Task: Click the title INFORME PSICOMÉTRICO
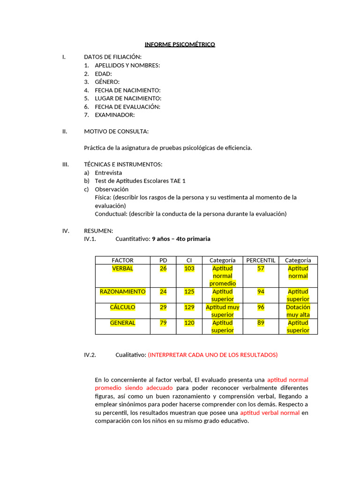(180, 45)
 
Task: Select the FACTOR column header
(122, 260)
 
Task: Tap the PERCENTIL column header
(261, 260)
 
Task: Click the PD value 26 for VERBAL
(163, 269)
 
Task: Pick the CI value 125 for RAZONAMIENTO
(189, 292)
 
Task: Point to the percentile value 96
(261, 307)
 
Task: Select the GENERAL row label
(122, 323)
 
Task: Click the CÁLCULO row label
(122, 307)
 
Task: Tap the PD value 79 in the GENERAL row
(163, 323)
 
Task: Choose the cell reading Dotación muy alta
(298, 311)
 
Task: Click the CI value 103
(189, 269)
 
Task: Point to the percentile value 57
(261, 269)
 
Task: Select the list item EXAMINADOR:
(114, 115)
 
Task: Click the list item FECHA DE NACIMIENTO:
(127, 90)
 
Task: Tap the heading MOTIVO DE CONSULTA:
(116, 131)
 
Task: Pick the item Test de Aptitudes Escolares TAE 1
(140, 181)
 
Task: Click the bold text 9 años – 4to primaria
(181, 239)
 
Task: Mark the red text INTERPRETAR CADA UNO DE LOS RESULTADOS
(213, 355)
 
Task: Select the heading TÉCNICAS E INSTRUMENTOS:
(123, 165)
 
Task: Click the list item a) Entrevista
(108, 173)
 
